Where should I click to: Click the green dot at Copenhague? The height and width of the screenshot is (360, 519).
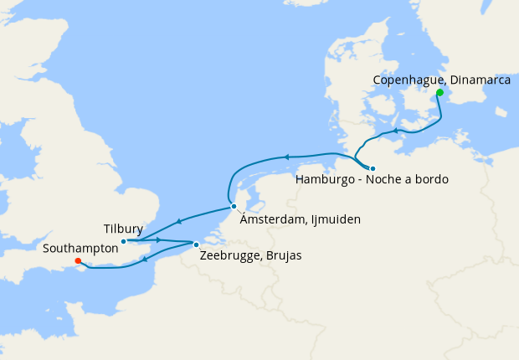point(439,93)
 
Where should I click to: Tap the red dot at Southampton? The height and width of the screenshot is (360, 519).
point(77,261)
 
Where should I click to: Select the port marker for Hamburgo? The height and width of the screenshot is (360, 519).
point(373,167)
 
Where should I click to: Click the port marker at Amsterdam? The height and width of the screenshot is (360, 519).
point(234,206)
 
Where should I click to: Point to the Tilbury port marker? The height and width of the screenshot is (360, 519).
point(123,242)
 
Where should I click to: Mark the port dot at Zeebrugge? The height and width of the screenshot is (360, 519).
point(196,244)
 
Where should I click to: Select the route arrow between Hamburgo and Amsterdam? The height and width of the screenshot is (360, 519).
point(286,157)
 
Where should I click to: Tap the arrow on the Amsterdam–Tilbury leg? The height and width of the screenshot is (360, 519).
point(177,222)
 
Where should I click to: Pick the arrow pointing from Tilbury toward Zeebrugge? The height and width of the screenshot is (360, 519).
point(158,240)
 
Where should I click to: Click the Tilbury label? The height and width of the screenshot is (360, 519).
point(123,229)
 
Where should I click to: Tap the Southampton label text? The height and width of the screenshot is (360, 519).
point(80,249)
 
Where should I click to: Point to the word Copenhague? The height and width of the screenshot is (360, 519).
point(408,80)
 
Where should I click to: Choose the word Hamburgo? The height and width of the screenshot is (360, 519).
point(326,179)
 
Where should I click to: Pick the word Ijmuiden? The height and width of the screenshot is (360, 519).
point(336,219)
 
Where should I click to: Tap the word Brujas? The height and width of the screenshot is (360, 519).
point(283,255)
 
